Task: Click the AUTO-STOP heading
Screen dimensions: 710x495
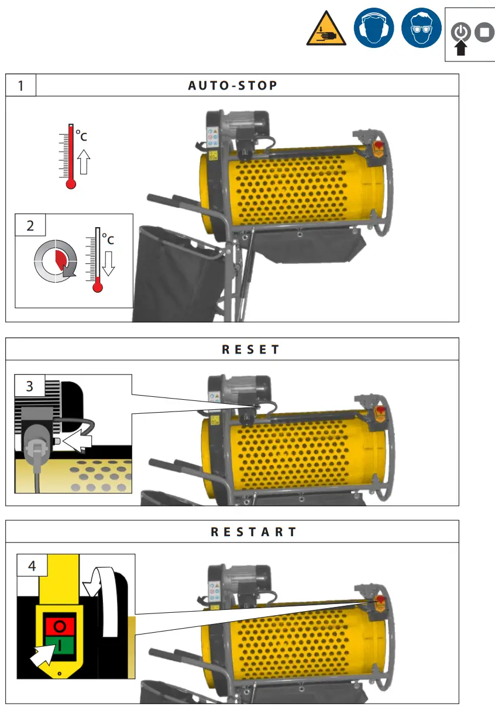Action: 233,85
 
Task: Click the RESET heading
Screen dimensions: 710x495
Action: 251,349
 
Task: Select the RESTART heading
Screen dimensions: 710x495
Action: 254,532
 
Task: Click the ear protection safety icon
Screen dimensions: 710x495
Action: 373,28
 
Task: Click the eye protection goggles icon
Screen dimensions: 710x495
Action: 421,28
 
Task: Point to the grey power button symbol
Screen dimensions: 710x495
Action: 461,32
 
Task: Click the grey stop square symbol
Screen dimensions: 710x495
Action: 484,32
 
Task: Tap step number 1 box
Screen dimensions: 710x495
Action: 21,85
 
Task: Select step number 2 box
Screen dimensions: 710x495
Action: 30,225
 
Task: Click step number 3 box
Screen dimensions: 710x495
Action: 30,386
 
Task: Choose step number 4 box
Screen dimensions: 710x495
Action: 32,566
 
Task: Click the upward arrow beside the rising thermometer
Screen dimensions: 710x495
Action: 84,162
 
